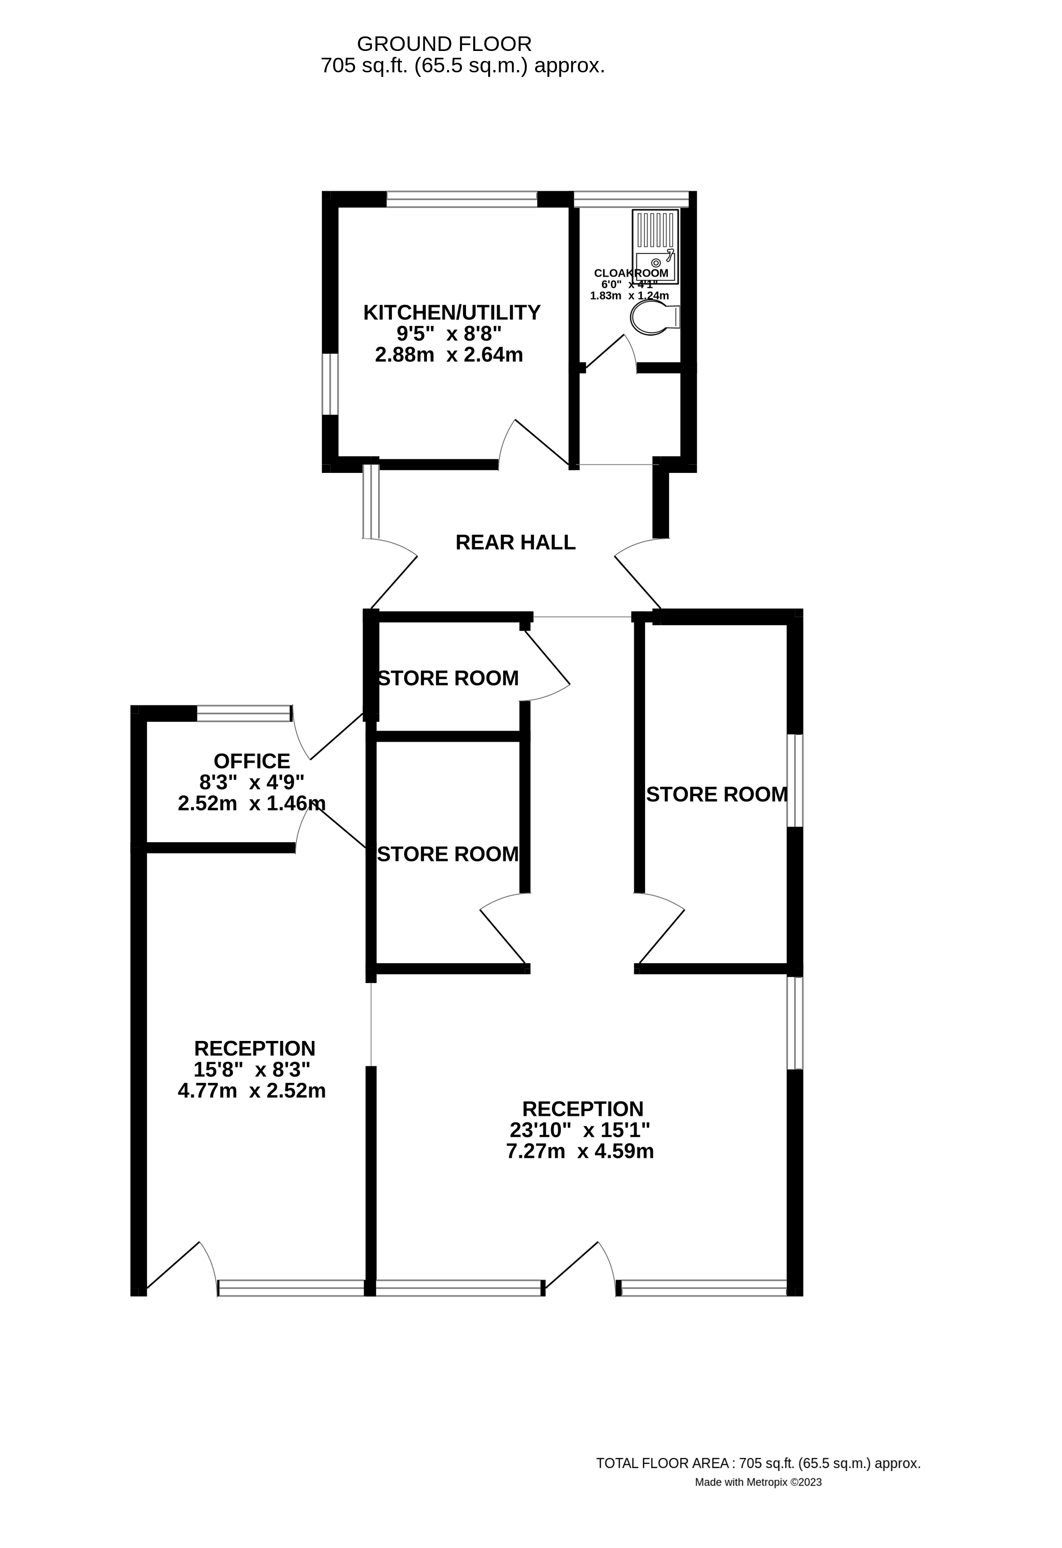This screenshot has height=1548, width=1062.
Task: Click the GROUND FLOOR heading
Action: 444,44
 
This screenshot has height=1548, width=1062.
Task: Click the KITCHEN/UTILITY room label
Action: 451,312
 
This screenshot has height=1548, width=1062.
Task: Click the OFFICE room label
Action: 252,761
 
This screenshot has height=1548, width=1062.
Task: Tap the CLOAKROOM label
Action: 631,273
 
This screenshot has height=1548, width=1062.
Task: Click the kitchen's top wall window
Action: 461,198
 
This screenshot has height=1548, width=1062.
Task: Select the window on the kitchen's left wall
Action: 330,384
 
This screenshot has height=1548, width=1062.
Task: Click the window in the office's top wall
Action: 244,714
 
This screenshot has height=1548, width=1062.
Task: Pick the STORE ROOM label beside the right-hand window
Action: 716,794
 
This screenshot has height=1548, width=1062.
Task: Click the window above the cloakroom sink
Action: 631,198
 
